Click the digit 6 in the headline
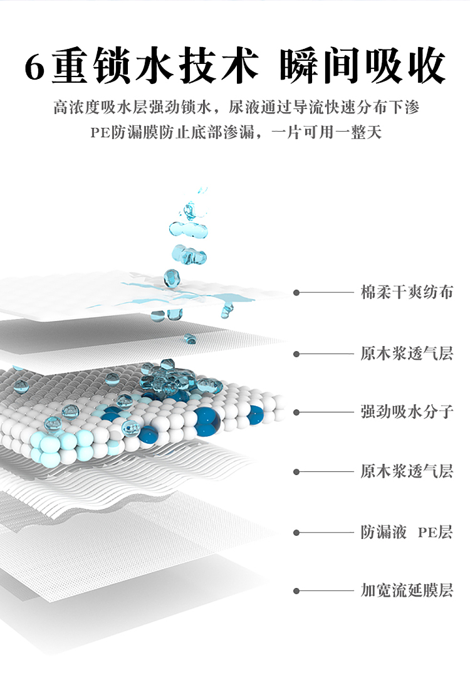34,67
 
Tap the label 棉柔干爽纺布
407,292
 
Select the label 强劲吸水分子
407,412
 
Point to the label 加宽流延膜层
407,590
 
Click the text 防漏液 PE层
407,532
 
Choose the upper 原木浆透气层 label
407,354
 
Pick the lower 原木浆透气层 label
407,471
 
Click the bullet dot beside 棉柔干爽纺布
296,293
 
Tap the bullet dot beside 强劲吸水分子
296,412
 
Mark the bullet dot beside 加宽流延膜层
296,591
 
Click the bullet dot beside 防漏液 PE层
296,533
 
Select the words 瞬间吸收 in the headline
362,66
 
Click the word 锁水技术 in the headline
177,66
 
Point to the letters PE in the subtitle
100,132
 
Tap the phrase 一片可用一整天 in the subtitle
326,132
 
